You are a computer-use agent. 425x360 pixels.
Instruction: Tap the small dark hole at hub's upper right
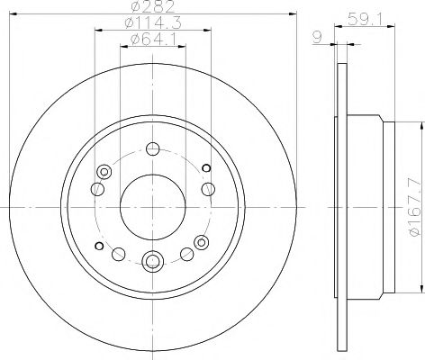click(206, 166)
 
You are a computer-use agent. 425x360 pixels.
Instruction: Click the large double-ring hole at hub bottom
click(152, 262)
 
